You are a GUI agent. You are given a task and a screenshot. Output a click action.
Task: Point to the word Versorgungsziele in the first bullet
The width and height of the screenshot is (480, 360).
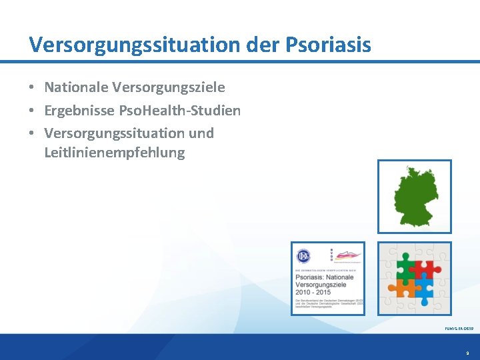[169, 87]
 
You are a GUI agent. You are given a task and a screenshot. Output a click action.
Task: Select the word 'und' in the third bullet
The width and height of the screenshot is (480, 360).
[201, 133]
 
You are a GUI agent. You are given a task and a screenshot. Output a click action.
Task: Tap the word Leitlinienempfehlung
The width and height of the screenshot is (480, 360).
[114, 153]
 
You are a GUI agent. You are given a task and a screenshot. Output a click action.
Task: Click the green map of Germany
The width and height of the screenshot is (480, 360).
[414, 196]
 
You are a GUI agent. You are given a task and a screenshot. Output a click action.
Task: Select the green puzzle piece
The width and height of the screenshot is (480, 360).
[405, 267]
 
